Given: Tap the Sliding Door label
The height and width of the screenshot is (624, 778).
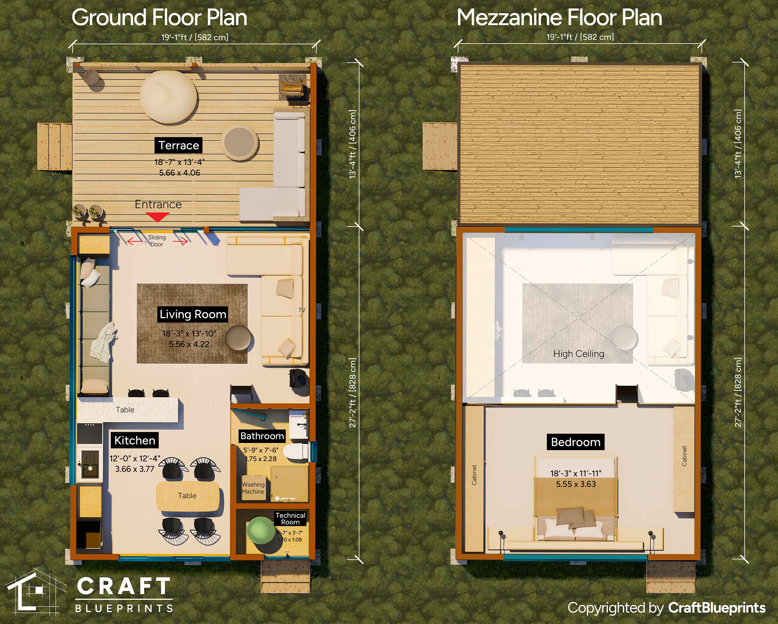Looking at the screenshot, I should pyautogui.click(x=157, y=241).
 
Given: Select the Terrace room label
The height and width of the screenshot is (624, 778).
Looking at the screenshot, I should pyautogui.click(x=179, y=145).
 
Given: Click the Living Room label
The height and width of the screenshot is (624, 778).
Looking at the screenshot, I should pyautogui.click(x=193, y=314).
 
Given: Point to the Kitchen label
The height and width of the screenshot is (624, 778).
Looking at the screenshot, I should pyautogui.click(x=135, y=440).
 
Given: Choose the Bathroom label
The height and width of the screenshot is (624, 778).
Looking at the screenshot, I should pyautogui.click(x=262, y=436).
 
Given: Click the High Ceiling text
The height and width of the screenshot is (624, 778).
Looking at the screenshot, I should pyautogui.click(x=579, y=354).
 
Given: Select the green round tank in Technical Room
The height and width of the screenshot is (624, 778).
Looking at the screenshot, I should pyautogui.click(x=261, y=531).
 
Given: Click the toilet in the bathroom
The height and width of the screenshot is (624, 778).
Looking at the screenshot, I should pyautogui.click(x=295, y=453).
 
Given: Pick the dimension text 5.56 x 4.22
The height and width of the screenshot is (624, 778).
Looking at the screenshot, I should pyautogui.click(x=189, y=344).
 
